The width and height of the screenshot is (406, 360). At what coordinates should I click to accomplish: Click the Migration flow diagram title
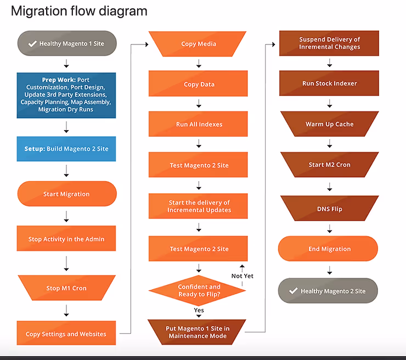point(79,11)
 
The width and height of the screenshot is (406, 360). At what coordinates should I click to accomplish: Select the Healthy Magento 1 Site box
point(66,43)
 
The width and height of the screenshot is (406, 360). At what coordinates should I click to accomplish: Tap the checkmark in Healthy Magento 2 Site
point(294,291)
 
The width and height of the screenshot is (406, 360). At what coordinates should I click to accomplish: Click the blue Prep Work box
point(66,95)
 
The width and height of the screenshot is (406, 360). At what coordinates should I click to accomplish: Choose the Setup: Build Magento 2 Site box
point(66,149)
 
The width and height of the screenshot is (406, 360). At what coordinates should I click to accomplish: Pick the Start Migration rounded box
point(66,194)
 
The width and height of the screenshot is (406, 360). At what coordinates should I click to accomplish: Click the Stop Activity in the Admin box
point(66,239)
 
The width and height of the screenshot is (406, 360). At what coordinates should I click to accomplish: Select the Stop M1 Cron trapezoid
point(66,288)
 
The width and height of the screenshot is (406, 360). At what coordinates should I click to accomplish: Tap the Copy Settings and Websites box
point(66,334)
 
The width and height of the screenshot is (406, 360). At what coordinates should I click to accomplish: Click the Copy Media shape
point(199,44)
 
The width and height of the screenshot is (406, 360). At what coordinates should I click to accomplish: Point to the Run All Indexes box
point(199,125)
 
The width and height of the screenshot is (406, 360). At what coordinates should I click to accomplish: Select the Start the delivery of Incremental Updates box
point(199,206)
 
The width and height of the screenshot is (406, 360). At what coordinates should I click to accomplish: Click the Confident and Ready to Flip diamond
point(199,291)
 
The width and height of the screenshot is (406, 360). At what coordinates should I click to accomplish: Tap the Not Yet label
point(243,276)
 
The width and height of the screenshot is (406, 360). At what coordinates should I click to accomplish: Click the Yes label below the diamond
point(199,311)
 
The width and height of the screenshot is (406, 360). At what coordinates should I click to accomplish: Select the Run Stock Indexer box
point(329,83)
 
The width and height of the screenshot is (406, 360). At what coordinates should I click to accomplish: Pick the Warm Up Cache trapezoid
point(329,125)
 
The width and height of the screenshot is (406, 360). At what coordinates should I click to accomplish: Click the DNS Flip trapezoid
point(329,209)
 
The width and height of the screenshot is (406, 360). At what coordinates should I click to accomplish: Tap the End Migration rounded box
point(329,249)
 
